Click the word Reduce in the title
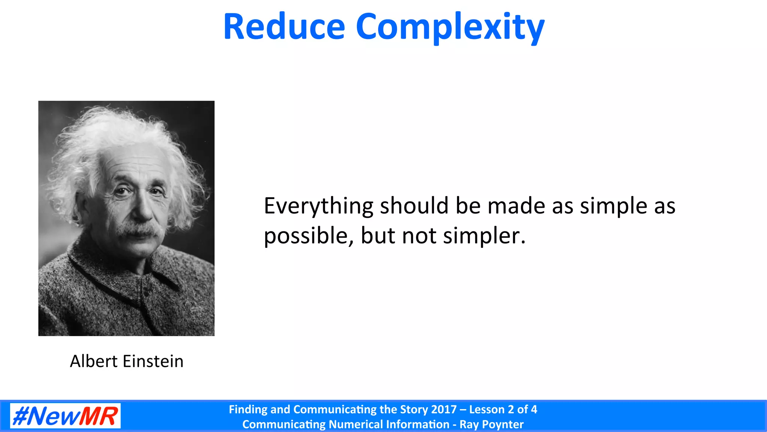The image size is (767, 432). click(x=284, y=27)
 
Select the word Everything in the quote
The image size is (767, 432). click(x=318, y=206)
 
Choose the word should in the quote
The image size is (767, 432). click(x=414, y=206)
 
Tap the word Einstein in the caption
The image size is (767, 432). click(x=153, y=361)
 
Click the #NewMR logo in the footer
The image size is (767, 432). click(x=65, y=416)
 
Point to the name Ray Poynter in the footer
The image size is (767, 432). click(x=491, y=424)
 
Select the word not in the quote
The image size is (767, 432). click(x=419, y=236)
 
